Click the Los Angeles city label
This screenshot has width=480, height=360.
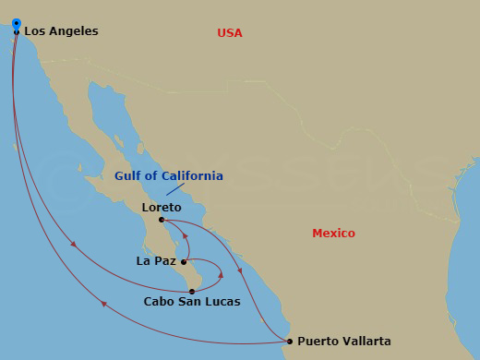[61, 31]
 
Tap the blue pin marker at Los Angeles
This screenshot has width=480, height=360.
[17, 24]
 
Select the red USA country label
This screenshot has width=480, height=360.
[230, 33]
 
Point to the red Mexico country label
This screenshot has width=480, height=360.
[333, 234]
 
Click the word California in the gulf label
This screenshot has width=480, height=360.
[190, 175]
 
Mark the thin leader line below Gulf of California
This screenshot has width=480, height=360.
[174, 188]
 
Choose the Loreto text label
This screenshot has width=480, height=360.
[162, 208]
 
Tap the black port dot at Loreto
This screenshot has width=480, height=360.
[162, 220]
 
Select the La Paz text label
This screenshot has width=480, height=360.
[156, 261]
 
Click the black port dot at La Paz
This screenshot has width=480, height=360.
[184, 261]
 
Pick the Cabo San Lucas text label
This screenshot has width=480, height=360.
[192, 302]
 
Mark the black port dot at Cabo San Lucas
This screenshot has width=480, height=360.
[192, 292]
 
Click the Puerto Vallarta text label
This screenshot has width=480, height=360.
[344, 342]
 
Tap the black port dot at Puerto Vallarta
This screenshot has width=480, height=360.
[290, 342]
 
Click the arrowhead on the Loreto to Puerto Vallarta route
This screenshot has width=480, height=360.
[241, 271]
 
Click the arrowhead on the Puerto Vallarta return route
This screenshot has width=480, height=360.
[103, 304]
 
